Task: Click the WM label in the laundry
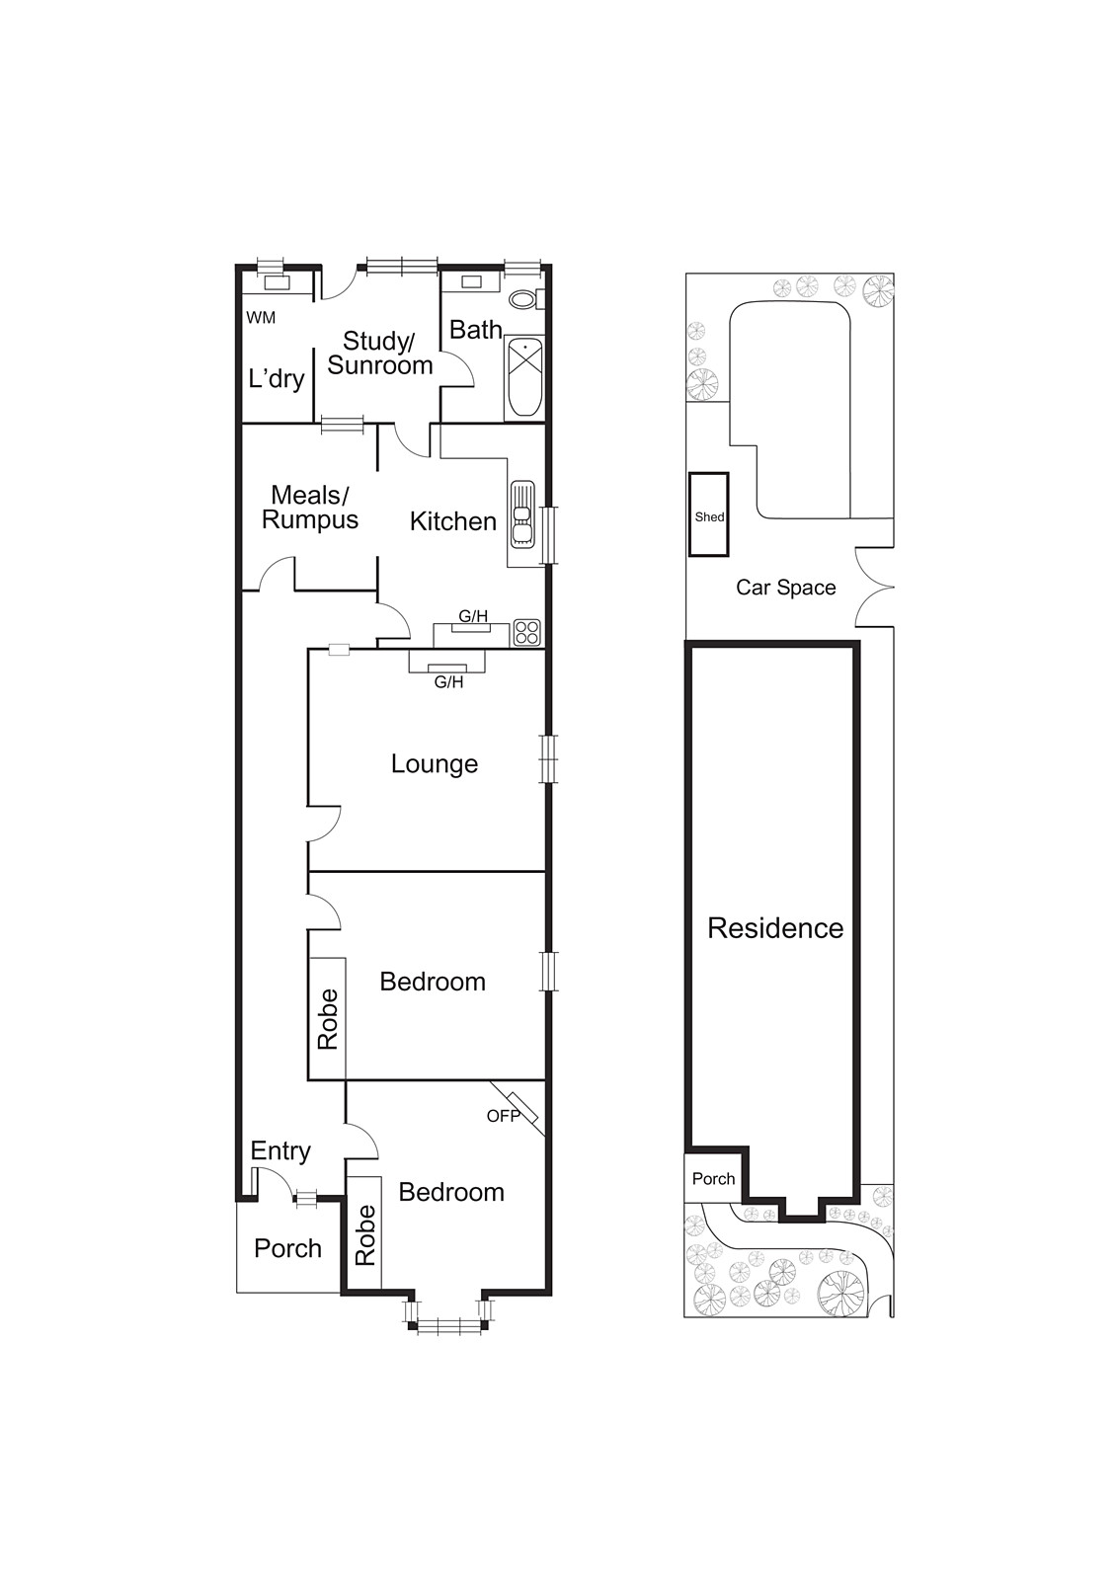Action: click(x=261, y=317)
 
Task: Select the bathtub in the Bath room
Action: click(x=524, y=377)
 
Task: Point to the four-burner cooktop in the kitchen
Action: click(x=527, y=632)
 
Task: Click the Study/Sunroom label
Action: click(x=379, y=354)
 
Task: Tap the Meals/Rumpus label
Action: click(x=310, y=508)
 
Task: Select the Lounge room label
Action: click(x=435, y=764)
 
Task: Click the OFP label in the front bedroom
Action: click(x=503, y=1116)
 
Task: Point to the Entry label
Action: click(x=280, y=1151)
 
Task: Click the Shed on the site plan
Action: click(x=709, y=514)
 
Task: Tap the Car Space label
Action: click(x=786, y=588)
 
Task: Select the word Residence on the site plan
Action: click(x=775, y=928)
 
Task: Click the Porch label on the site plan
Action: click(x=713, y=1179)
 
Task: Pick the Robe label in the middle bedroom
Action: click(x=328, y=1019)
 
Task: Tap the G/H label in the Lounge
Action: click(x=448, y=682)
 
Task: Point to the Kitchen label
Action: click(x=453, y=521)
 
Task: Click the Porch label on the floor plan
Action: click(x=287, y=1248)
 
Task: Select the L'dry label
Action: click(x=277, y=379)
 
